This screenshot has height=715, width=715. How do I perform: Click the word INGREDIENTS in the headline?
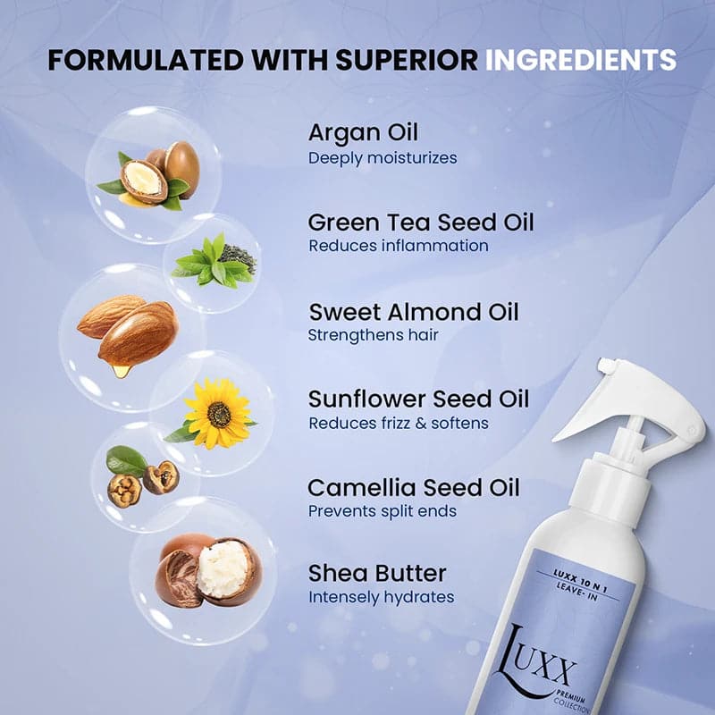[580, 60]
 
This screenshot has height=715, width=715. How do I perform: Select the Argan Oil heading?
[363, 133]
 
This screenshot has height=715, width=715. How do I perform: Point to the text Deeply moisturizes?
[383, 158]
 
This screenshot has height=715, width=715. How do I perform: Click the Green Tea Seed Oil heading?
[420, 222]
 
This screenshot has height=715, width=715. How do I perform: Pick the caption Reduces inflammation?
[399, 246]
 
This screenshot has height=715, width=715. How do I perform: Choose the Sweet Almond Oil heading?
[413, 312]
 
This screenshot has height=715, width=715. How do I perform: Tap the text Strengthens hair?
[373, 336]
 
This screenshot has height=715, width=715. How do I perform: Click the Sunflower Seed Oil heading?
[418, 399]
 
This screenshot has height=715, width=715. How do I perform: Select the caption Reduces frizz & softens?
[399, 424]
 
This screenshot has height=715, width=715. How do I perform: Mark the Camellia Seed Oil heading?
[413, 488]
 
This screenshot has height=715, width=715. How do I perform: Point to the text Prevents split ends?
[383, 512]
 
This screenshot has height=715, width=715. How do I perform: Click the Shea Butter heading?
[377, 573]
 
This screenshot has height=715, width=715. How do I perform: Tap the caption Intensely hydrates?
[382, 597]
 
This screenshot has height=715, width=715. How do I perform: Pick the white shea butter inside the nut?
[223, 568]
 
